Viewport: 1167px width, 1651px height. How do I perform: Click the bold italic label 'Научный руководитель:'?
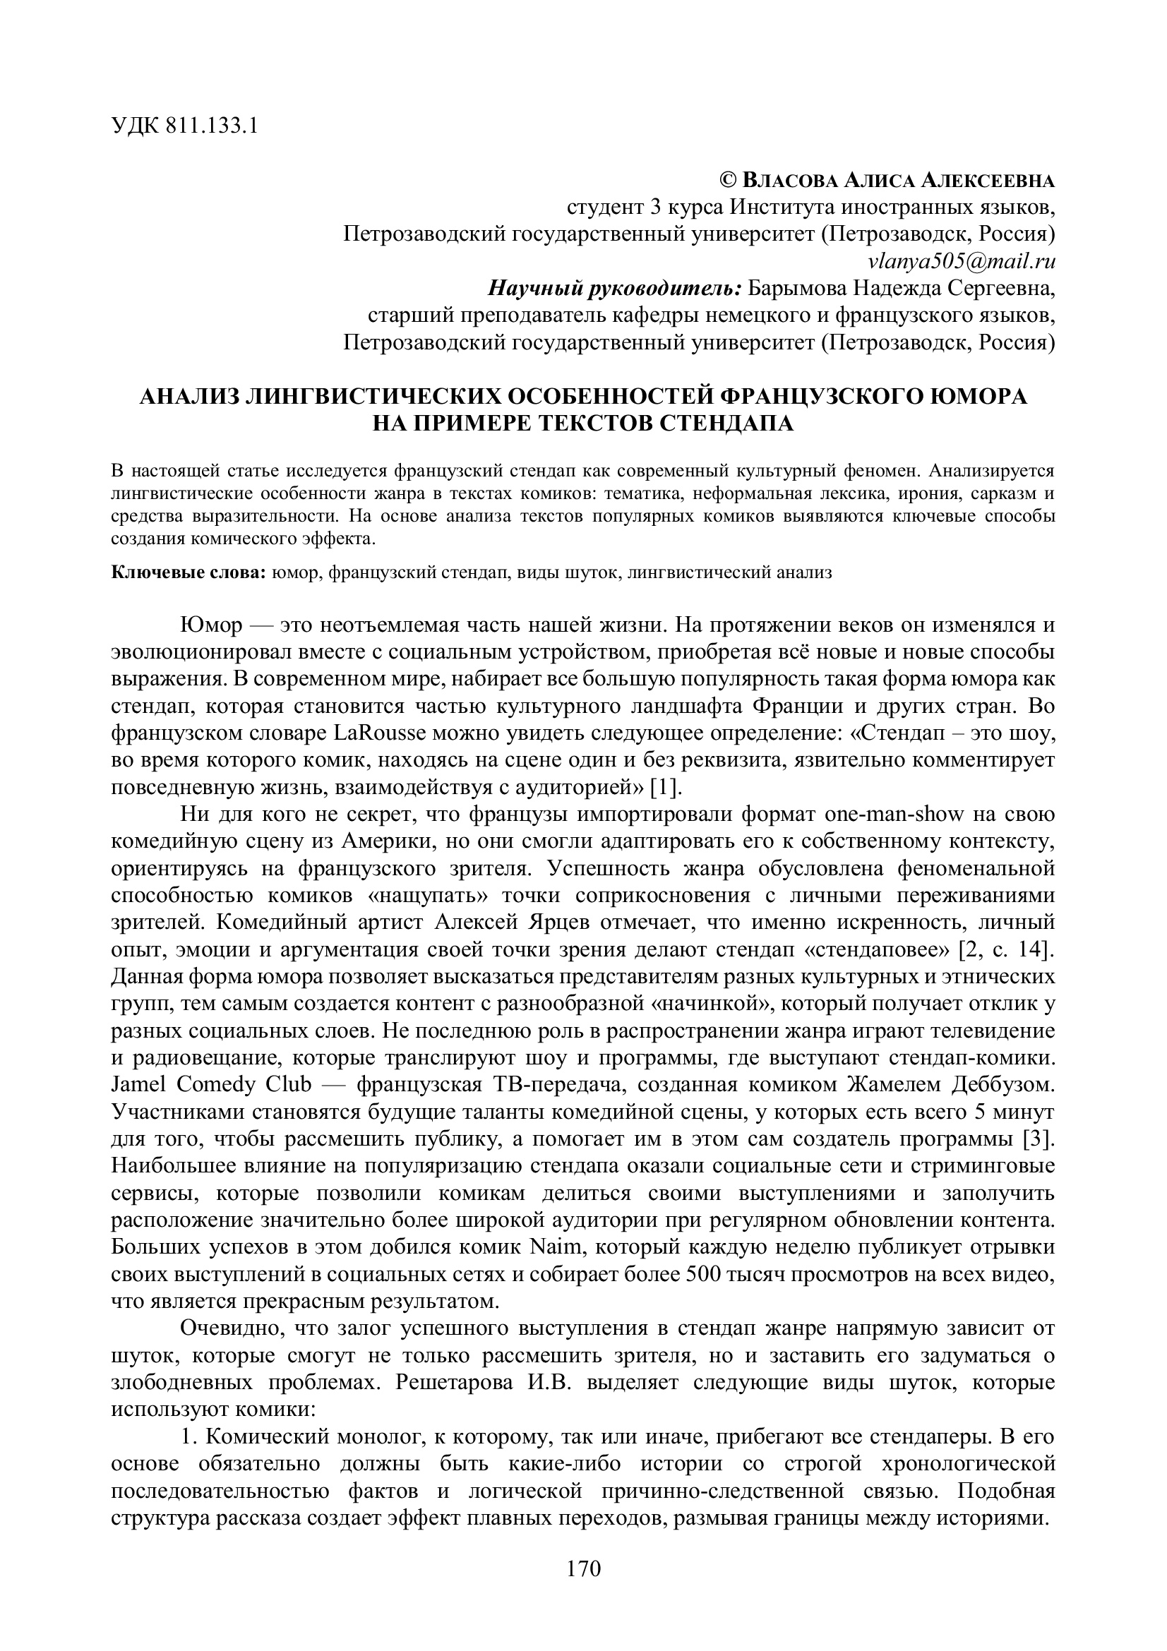tap(615, 289)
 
